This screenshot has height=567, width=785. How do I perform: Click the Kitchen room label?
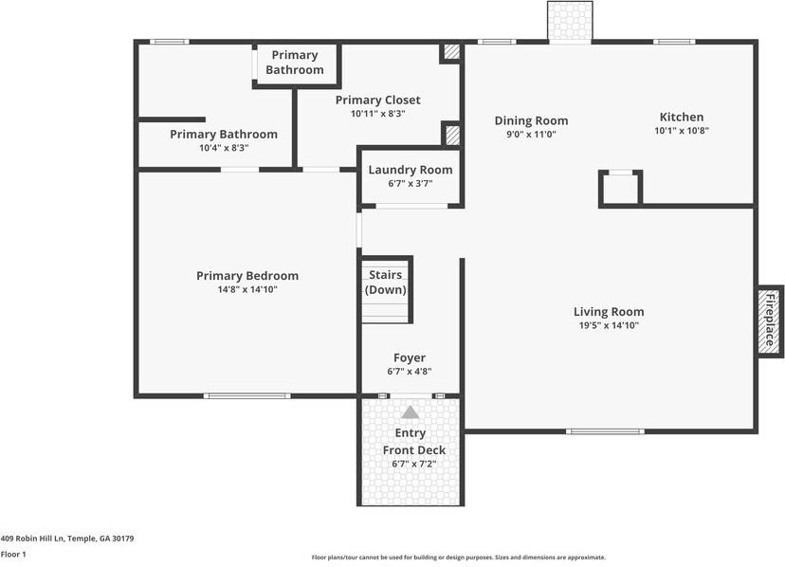tap(681, 118)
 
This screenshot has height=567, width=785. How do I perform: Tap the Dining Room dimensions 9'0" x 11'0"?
tap(531, 135)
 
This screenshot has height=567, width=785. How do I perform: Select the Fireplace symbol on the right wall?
tap(770, 320)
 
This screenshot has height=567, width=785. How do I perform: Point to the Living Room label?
tap(608, 312)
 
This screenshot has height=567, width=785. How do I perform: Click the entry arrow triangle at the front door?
tap(410, 412)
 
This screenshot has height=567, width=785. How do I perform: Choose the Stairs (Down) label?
tap(386, 283)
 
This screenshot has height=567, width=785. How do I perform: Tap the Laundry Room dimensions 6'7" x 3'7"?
tap(410, 183)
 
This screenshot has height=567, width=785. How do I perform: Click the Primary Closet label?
tap(377, 101)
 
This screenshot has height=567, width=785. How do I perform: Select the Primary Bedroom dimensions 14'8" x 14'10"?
tap(246, 289)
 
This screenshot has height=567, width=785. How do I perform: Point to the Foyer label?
tap(410, 358)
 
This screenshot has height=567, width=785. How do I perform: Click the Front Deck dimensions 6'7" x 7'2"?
tap(410, 464)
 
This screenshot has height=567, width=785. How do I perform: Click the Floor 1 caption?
tap(13, 554)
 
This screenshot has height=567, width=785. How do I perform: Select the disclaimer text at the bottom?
tap(459, 558)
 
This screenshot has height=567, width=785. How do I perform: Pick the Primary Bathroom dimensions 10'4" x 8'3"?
tap(224, 148)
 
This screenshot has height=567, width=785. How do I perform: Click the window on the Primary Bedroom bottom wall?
tap(246, 395)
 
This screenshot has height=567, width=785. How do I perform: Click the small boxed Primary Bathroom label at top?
tap(294, 63)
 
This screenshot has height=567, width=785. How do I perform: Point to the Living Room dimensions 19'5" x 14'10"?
tap(608, 325)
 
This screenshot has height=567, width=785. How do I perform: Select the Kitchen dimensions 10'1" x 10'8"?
tap(681, 131)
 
